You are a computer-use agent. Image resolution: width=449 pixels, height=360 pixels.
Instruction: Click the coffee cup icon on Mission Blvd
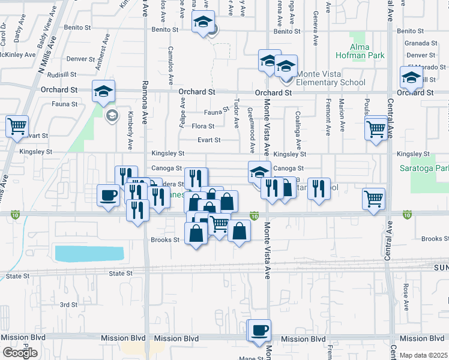click(x=260, y=331)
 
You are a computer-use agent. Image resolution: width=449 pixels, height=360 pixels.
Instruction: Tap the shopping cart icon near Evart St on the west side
click(x=17, y=127)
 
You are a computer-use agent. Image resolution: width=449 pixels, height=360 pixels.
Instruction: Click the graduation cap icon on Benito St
click(x=203, y=23)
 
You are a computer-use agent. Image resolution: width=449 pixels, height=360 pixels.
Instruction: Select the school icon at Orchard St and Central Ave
click(x=411, y=78)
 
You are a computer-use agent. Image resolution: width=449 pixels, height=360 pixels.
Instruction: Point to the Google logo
click(x=20, y=353)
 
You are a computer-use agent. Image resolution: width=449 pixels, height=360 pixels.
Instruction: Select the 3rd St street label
click(x=68, y=305)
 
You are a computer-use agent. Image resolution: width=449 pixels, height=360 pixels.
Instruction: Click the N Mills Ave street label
click(x=44, y=58)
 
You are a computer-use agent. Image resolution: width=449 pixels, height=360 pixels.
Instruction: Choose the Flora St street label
click(x=203, y=126)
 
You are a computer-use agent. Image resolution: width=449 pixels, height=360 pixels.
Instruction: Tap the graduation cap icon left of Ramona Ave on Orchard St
click(x=103, y=91)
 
